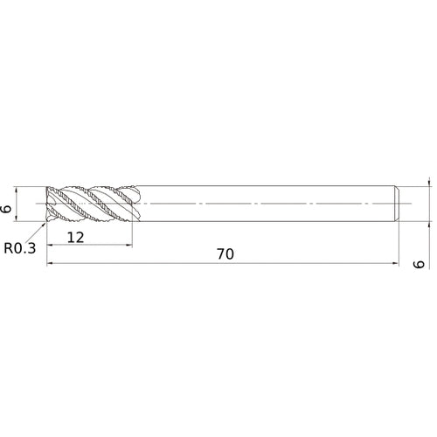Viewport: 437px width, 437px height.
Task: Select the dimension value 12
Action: point(74,237)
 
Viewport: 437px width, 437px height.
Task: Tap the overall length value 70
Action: point(225,254)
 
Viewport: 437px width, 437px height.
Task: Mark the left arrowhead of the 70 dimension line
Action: point(51,265)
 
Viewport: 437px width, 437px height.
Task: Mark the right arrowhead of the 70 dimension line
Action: point(397,265)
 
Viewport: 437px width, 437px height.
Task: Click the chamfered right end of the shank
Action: point(398,203)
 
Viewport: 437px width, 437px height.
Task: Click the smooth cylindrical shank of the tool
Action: point(262,203)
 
